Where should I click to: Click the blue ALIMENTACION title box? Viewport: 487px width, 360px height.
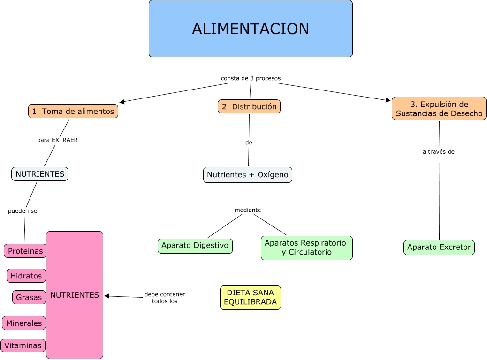coord(251,29)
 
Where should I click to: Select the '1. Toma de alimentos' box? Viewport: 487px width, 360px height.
coord(73,111)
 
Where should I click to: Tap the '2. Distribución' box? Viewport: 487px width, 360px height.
coord(249,106)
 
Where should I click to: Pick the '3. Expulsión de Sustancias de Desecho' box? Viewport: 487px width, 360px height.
coord(439,109)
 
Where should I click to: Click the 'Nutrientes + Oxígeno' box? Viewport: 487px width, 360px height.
coord(248,174)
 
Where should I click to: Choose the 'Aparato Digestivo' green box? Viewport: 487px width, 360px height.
coord(195,245)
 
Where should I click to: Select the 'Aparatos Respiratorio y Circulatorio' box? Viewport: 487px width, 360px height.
coord(306,247)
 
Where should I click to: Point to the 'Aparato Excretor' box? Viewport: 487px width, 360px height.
coord(439,247)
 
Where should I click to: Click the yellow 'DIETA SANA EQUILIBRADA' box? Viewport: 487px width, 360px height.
coord(251,297)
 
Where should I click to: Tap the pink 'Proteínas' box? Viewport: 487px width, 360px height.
coord(25,251)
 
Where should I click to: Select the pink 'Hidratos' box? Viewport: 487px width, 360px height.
coord(26,276)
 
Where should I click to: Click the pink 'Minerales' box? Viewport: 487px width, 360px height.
coord(24,323)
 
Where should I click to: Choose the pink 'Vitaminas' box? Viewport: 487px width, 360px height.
coord(23,345)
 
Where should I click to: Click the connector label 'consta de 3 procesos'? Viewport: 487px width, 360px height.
coord(251,78)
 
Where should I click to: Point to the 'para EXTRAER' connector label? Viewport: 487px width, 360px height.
coord(58,140)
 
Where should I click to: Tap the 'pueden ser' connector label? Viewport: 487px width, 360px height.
coord(24,211)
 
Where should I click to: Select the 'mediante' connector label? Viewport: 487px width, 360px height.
coord(248,210)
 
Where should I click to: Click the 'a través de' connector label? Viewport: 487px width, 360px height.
coord(439,152)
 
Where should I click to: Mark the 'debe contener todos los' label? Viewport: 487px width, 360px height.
coord(165,298)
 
